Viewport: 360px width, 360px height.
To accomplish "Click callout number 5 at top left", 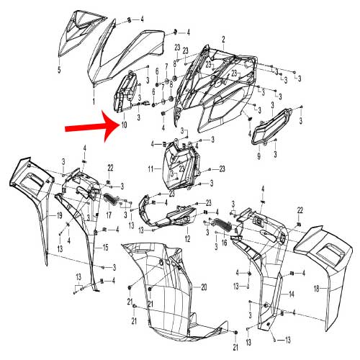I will point(59,71).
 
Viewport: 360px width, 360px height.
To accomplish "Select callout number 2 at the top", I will point(223,37).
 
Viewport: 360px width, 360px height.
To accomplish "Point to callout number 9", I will point(258,155).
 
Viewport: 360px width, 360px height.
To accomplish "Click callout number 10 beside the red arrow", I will point(123,125).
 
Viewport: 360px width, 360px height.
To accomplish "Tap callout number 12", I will point(187,238).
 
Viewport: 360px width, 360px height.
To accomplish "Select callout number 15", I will point(105,247).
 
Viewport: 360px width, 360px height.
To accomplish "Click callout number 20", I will point(204,287).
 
